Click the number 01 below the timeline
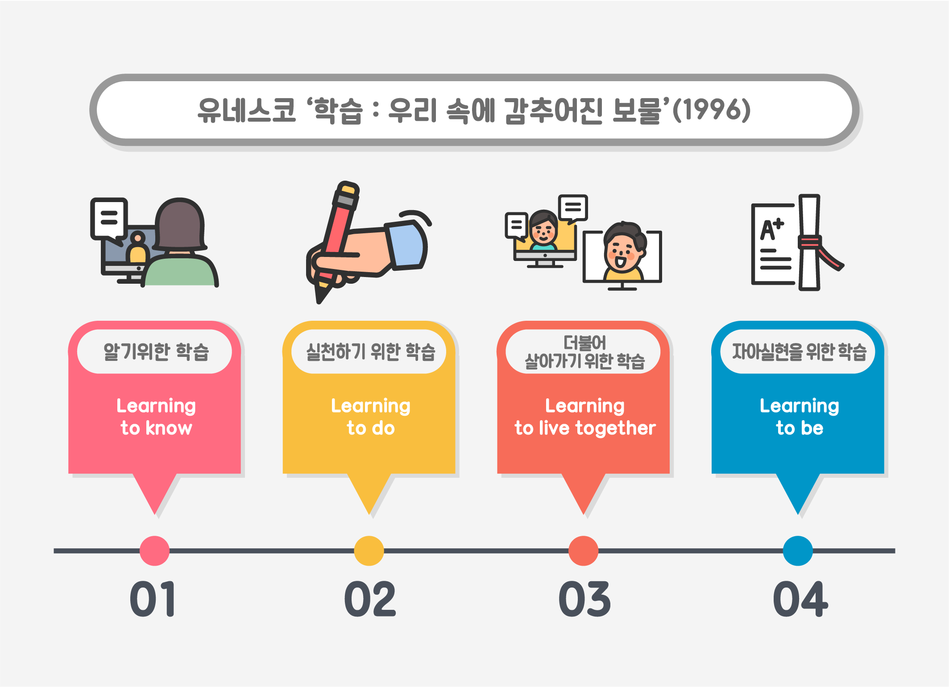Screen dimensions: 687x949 153,599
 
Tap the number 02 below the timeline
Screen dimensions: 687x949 370,599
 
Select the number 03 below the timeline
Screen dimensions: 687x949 584,599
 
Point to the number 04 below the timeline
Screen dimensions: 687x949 800,599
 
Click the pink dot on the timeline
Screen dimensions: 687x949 154,550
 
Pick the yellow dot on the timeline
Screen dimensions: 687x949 369,550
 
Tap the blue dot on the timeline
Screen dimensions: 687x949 798,550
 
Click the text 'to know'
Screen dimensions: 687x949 156,428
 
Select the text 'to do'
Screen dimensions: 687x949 371,428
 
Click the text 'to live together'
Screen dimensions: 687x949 585,428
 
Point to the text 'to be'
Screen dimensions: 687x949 800,428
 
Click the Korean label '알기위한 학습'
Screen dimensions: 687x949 156,352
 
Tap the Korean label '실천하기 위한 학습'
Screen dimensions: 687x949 370,352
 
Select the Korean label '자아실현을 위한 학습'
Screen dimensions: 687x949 799,352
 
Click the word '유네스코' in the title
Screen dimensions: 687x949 247,110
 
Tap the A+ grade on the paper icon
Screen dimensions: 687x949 771,229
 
